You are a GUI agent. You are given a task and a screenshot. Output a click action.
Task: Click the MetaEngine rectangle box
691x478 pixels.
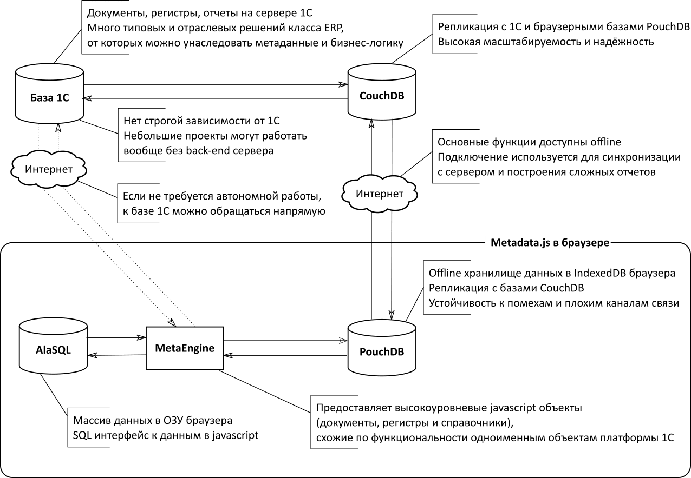[185, 348]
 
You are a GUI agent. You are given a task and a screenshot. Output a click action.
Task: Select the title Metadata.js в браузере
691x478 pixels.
[550, 242]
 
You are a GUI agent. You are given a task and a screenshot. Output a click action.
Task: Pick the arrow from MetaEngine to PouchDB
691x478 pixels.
[285, 341]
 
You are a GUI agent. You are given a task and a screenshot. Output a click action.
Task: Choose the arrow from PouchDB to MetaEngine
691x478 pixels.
[285, 356]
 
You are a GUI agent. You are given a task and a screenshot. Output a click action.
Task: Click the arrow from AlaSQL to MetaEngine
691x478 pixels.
[116, 338]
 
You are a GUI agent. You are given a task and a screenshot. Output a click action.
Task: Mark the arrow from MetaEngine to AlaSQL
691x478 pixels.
[116, 355]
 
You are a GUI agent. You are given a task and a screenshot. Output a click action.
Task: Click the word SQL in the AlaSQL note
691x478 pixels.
[82, 435]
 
